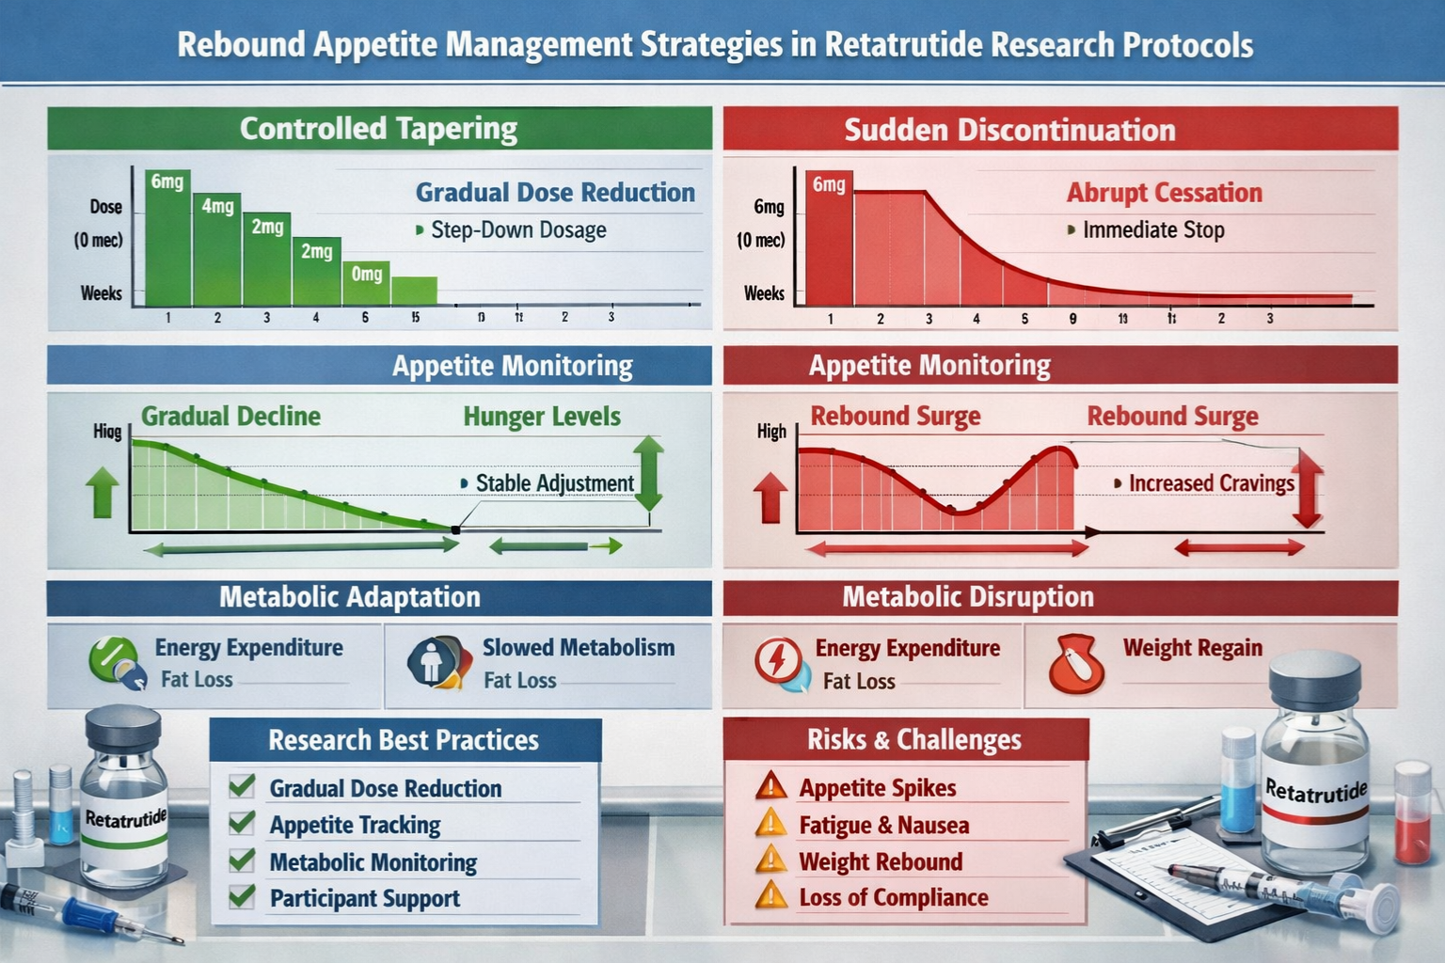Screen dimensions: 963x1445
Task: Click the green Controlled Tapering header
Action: [x=379, y=129]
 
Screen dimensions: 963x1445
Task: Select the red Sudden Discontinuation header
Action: [x=1060, y=130]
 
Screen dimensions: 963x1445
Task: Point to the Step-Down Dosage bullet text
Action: [x=517, y=230]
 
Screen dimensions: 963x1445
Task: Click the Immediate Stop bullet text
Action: [x=1152, y=230]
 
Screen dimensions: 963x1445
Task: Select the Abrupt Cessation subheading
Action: [x=1164, y=193]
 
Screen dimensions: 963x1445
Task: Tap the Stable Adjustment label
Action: [x=554, y=483]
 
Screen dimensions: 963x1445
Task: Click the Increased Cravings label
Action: [x=1211, y=483]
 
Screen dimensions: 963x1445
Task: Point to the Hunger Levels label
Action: [x=541, y=417]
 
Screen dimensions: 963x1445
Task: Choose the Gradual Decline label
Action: [x=230, y=417]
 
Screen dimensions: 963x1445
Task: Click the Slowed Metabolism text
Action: [x=578, y=648]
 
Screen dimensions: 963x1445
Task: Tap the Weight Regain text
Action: [x=1192, y=648]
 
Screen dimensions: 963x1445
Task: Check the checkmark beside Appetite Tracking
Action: [x=242, y=824]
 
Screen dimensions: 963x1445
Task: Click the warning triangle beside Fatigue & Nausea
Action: [x=770, y=824]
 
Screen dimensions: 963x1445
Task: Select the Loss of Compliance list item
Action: [x=893, y=898]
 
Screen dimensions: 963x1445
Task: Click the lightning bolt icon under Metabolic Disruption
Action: [x=777, y=660]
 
